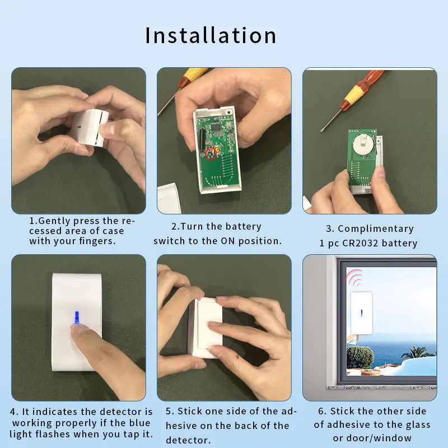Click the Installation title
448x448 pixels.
tap(211, 35)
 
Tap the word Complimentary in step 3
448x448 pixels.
tap(376, 228)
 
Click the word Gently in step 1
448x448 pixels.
tap(55, 221)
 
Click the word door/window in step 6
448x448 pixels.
tap(384, 438)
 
